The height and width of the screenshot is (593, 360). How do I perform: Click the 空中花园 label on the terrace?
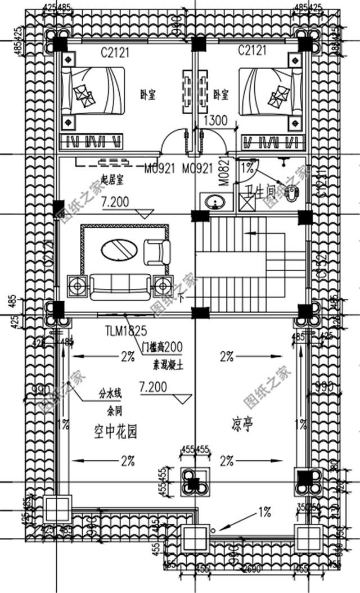coord(115,432)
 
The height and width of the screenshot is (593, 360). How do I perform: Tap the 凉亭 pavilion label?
coord(240,424)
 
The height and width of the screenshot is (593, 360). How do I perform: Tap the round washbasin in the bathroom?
coord(213,201)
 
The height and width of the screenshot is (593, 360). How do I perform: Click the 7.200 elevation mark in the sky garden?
coord(153,388)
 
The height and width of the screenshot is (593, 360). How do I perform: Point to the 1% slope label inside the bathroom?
coord(247,166)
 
